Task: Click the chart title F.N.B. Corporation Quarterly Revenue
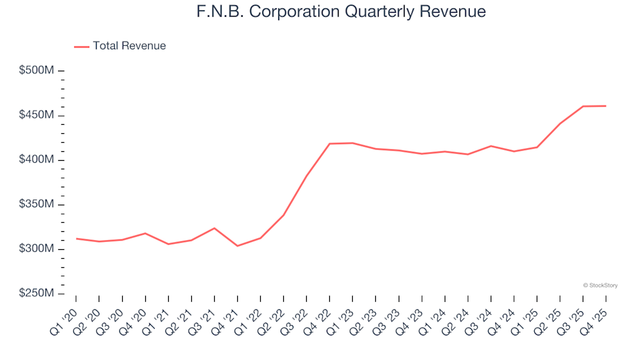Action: pyautogui.click(x=341, y=12)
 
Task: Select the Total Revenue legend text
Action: pyautogui.click(x=129, y=46)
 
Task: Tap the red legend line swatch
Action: pyautogui.click(x=81, y=46)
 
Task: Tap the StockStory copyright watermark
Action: pyautogui.click(x=600, y=285)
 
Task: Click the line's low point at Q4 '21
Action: pyautogui.click(x=237, y=246)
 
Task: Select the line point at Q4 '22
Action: pyautogui.click(x=329, y=143)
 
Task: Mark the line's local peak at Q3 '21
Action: pyautogui.click(x=214, y=228)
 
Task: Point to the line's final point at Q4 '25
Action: pyautogui.click(x=605, y=106)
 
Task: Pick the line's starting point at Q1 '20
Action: pyautogui.click(x=76, y=238)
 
